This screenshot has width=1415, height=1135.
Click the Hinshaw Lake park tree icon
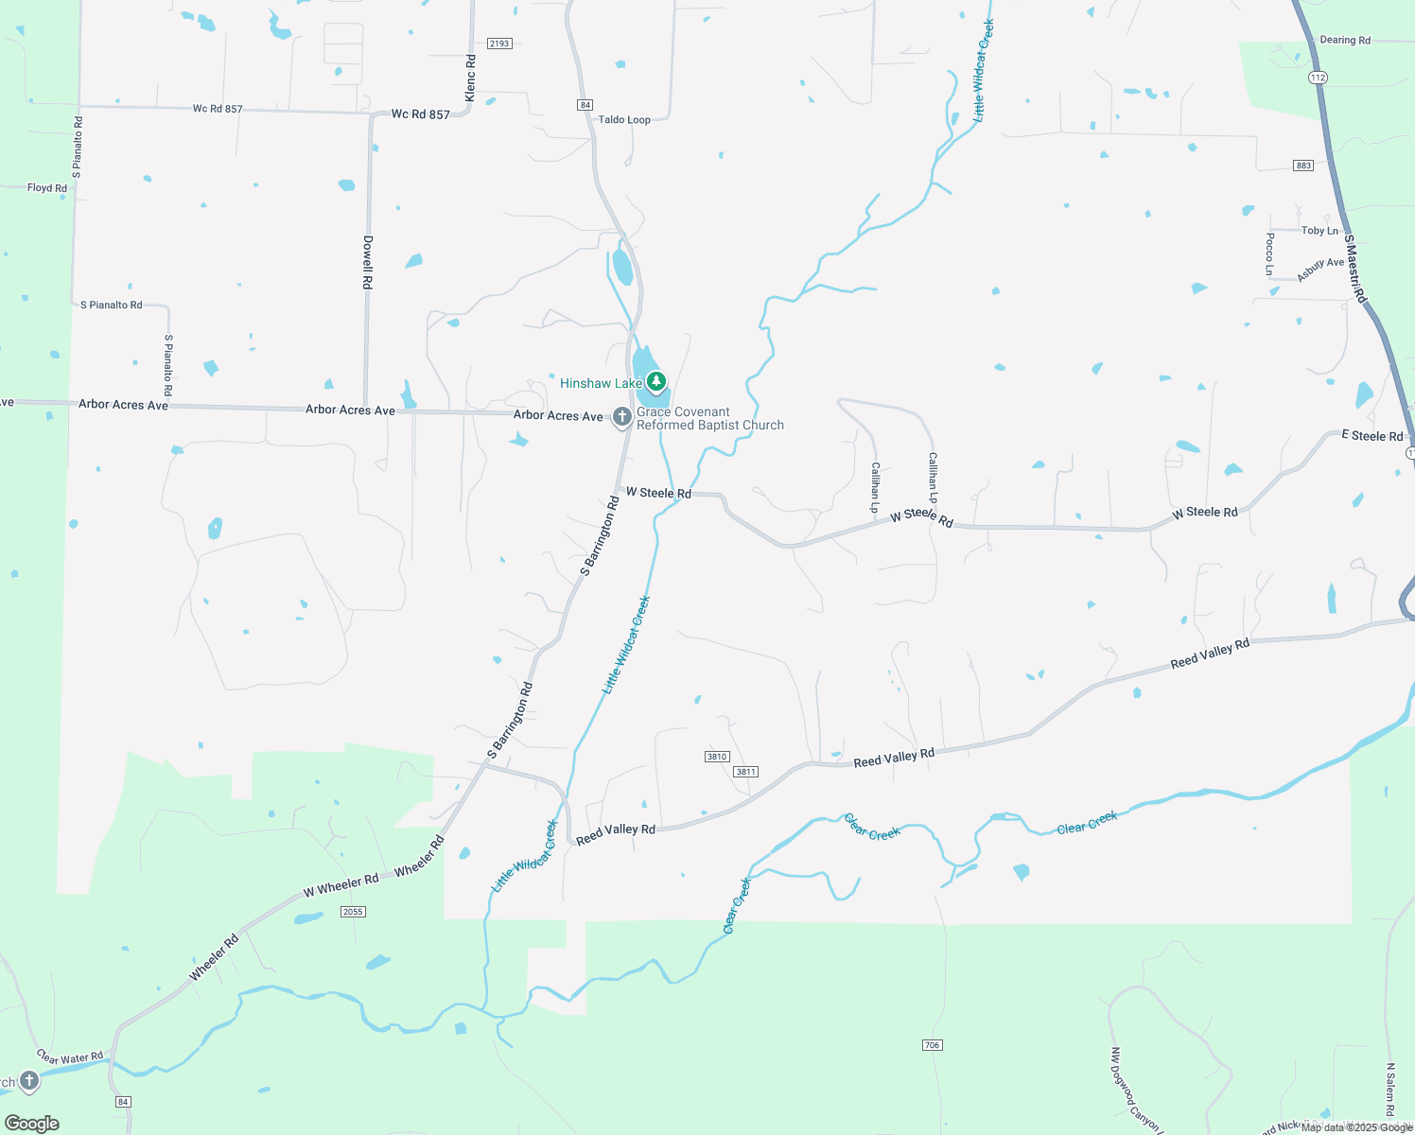(655, 382)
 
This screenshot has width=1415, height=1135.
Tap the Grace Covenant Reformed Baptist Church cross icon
(621, 416)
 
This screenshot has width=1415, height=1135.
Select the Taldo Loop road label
(624, 120)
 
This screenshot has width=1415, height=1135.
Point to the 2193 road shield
(499, 44)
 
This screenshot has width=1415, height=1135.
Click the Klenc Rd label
(471, 79)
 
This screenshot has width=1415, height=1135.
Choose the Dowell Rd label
(368, 262)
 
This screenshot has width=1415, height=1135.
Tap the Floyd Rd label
(47, 188)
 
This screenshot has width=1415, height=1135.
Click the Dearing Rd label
(1344, 41)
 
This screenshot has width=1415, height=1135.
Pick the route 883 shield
(1303, 166)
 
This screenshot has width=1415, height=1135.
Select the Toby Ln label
(1319, 231)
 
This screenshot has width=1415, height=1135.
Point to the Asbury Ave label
(1320, 270)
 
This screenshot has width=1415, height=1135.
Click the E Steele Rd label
(1371, 436)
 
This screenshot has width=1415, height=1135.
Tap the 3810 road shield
(717, 757)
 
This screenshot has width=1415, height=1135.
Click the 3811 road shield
(745, 772)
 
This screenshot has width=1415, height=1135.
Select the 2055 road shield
(353, 912)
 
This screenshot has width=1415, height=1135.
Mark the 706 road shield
(932, 1045)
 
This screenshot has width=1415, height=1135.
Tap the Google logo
(32, 1124)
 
